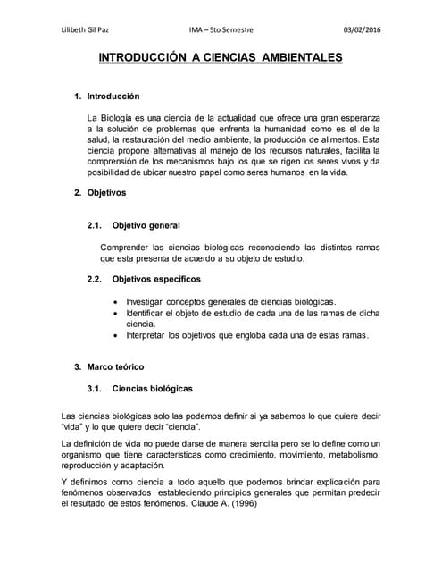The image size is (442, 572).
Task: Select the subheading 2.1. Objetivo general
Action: (134, 225)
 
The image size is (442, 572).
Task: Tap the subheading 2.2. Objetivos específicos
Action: (144, 280)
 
